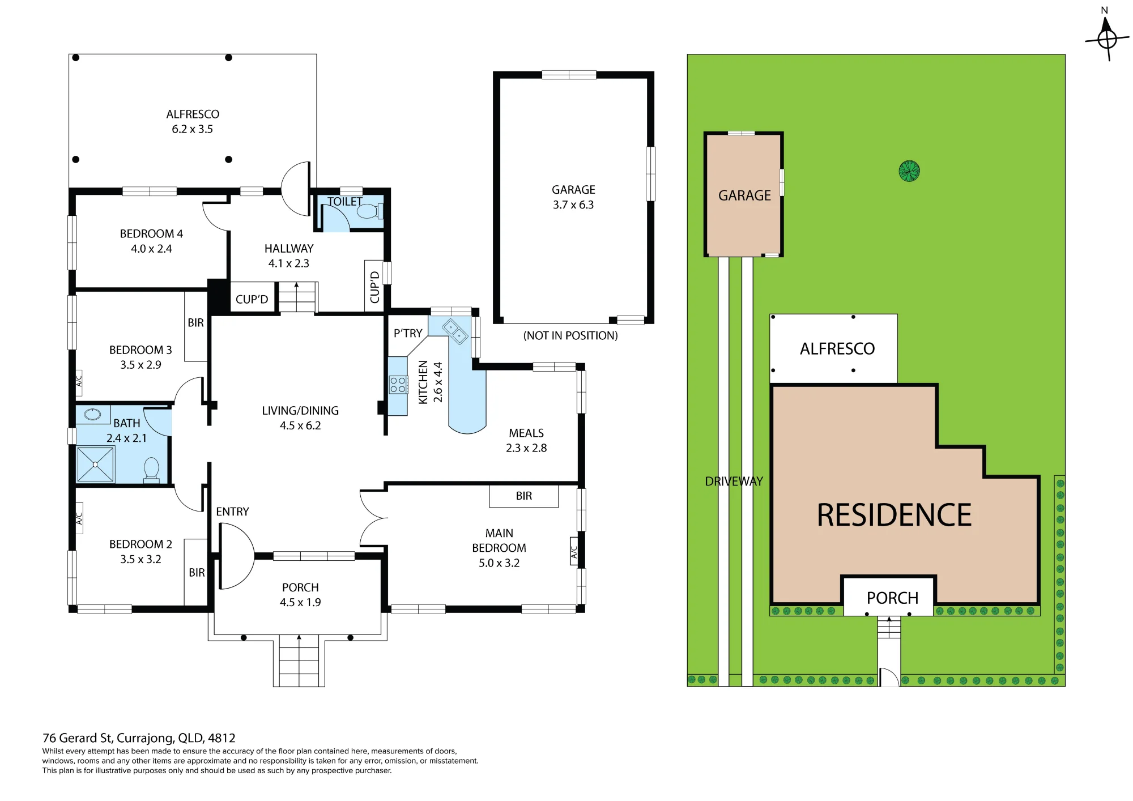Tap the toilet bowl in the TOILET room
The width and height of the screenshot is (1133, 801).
[x=370, y=211]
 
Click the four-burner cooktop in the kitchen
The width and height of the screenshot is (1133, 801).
[x=398, y=385]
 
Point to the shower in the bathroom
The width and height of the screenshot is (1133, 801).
[x=95, y=465]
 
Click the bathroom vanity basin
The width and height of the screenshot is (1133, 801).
[x=93, y=415]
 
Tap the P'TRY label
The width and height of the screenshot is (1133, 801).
[x=408, y=333]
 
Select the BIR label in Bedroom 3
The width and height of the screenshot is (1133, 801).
[x=195, y=323]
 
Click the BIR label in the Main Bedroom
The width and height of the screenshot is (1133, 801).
[x=524, y=496]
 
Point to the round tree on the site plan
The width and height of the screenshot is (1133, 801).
[x=909, y=171]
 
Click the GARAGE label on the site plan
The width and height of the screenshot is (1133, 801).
[x=744, y=195]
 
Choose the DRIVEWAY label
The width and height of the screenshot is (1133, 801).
[x=734, y=482]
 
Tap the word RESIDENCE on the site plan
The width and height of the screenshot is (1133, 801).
[x=894, y=515]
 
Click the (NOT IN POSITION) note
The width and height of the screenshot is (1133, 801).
[x=570, y=335]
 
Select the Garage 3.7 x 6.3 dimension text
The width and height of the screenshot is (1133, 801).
[x=573, y=205]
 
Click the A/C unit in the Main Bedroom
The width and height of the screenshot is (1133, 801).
[x=574, y=551]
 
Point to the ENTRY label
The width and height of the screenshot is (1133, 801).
[x=232, y=512]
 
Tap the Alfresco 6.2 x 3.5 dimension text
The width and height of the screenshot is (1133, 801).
[x=193, y=129]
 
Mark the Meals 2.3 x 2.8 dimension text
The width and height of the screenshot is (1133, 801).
[x=526, y=448]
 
